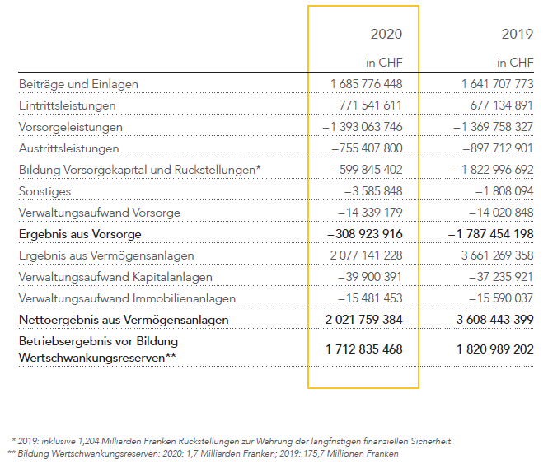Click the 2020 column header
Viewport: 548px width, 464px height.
(x=386, y=34)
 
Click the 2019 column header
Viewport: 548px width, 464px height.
(x=518, y=34)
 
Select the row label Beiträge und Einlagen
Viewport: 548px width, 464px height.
(x=78, y=84)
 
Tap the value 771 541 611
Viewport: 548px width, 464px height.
(x=371, y=105)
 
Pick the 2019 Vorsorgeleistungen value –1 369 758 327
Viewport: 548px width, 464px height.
(x=493, y=127)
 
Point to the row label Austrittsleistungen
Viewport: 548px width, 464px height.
(x=69, y=148)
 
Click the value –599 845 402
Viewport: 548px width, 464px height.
(x=367, y=170)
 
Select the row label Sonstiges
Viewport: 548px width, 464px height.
(x=44, y=191)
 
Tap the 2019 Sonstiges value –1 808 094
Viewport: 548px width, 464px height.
(x=504, y=191)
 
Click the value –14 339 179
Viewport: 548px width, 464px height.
(x=370, y=213)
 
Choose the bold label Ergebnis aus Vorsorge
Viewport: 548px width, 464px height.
(x=80, y=234)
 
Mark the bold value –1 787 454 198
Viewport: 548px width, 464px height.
(x=490, y=234)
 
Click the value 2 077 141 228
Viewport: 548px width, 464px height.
(x=366, y=255)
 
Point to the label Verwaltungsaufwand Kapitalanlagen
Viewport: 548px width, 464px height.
(x=115, y=277)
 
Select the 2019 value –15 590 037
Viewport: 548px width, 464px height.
(x=501, y=298)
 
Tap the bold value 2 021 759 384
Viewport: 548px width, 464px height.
(x=363, y=320)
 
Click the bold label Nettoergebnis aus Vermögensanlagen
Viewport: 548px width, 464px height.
(x=124, y=320)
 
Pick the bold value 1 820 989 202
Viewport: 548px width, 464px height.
(x=495, y=349)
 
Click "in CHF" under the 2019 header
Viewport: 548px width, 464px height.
(x=515, y=63)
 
